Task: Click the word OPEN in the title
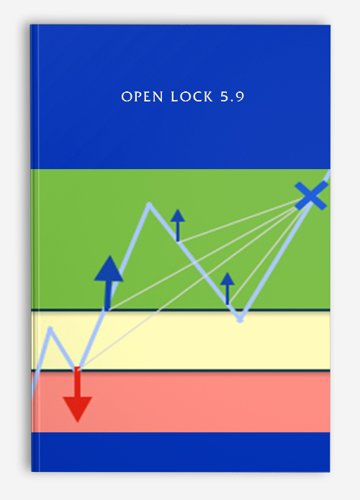[x=143, y=96]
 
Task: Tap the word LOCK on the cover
[x=192, y=96]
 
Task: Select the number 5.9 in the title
[x=233, y=96]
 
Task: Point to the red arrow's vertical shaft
[x=77, y=382]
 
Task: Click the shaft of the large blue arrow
[x=108, y=296]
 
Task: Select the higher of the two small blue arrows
[x=178, y=225]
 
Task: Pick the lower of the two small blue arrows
[x=228, y=288]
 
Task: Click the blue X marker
[x=311, y=196]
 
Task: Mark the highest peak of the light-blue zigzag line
[x=149, y=204]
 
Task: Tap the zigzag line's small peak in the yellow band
[x=50, y=328]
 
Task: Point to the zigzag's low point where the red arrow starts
[x=78, y=368]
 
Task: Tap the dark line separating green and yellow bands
[x=181, y=310]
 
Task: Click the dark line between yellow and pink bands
[x=181, y=371]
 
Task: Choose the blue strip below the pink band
[x=181, y=452]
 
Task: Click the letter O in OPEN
[x=127, y=97]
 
